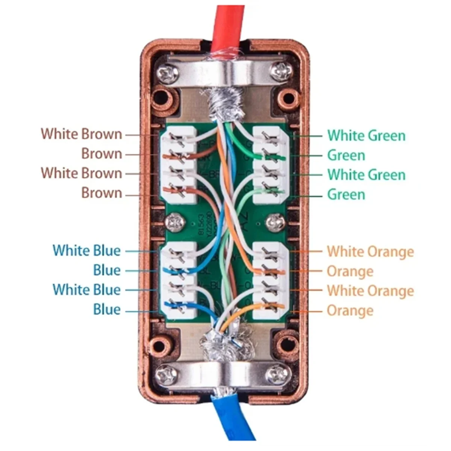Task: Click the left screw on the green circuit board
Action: [174, 222]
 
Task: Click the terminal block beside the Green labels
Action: [270, 165]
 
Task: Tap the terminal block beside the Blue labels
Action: [179, 280]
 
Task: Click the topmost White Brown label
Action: [81, 134]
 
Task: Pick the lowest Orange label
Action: [350, 310]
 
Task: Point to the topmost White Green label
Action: [366, 135]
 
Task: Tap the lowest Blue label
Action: [107, 309]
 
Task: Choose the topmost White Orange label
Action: [370, 251]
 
